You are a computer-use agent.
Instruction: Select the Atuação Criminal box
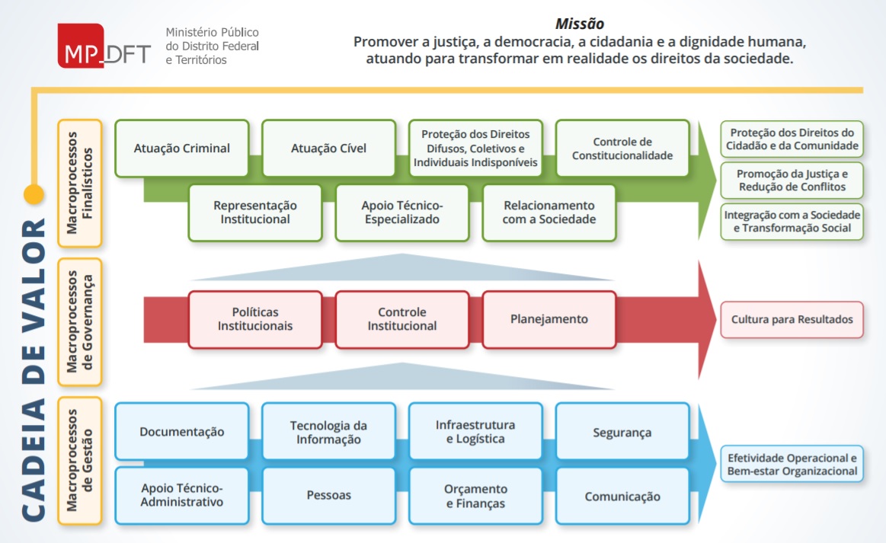coord(182,149)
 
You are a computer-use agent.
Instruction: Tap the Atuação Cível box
coord(328,149)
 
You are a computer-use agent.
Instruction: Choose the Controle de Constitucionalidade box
coord(622,149)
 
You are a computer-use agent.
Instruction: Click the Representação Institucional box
coord(255,212)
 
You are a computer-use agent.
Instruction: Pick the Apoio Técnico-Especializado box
coord(402,212)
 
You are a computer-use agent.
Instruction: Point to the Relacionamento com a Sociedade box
coord(549,212)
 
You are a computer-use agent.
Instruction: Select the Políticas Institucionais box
coord(255,319)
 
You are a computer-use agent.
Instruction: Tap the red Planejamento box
coord(549,319)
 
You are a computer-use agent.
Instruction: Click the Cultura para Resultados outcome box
coord(792,320)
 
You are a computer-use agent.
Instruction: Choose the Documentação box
coord(182,432)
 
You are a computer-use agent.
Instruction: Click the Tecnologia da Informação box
coord(328,432)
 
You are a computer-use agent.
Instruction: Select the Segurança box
coord(622,432)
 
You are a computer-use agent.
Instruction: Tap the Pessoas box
coord(328,496)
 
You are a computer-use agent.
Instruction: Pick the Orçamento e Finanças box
coord(475,496)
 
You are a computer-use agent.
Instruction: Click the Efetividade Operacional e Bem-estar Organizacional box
coord(792,465)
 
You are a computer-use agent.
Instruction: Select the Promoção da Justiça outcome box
coord(792,180)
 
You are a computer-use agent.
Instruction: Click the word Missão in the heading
coord(581,24)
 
